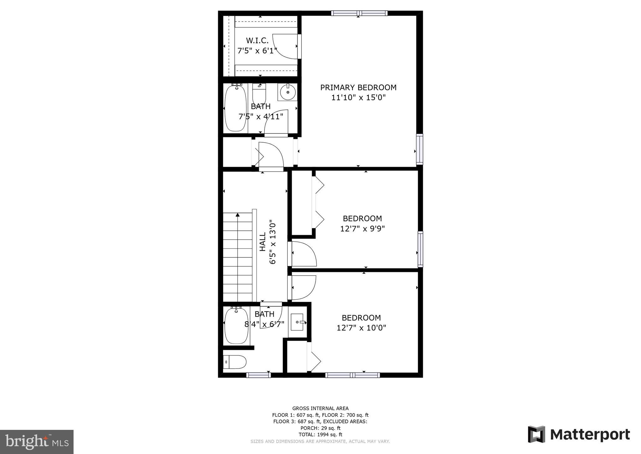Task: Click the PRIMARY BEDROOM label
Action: click(x=358, y=87)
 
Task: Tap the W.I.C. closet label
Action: click(x=257, y=40)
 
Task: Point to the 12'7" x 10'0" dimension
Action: click(x=361, y=328)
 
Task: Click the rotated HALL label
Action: click(x=263, y=241)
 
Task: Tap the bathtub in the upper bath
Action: click(x=235, y=108)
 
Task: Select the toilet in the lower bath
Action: click(x=235, y=362)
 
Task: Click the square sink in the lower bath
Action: click(x=297, y=322)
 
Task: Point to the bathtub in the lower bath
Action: click(x=235, y=326)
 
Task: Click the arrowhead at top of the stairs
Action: click(x=238, y=215)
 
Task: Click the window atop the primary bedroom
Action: click(x=359, y=13)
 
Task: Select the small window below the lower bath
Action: click(x=258, y=375)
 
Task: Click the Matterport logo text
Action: click(x=590, y=435)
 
